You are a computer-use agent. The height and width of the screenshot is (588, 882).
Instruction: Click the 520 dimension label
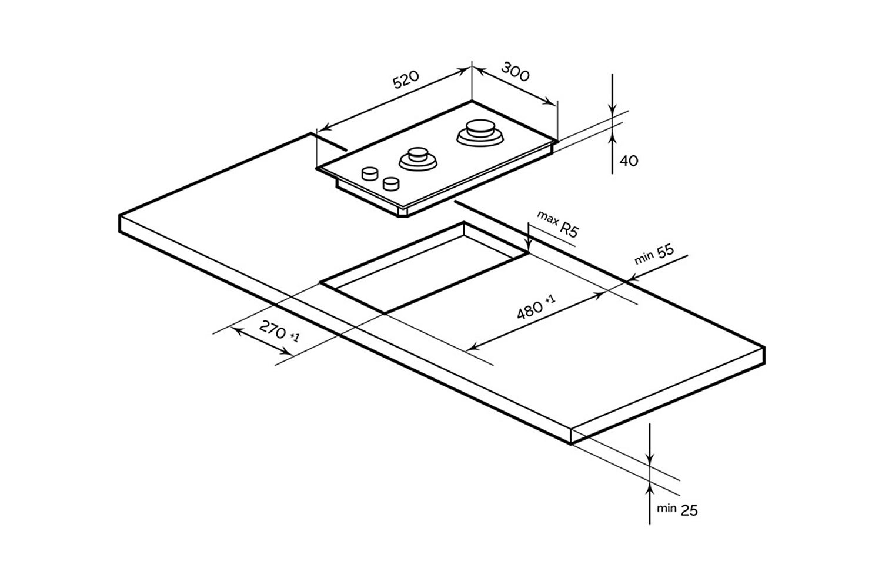(x=406, y=79)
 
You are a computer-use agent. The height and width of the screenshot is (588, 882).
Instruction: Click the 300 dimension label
(x=516, y=72)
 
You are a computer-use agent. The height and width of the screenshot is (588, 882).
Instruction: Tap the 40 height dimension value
(x=629, y=161)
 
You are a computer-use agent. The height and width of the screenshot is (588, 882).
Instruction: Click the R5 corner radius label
(x=569, y=229)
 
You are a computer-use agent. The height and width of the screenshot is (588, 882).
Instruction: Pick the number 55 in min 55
(x=665, y=251)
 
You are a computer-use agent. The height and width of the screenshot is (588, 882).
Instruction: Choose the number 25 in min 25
(x=689, y=510)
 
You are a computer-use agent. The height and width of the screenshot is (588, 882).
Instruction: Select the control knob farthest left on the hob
(x=370, y=173)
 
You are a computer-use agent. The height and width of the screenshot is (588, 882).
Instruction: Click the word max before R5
(x=547, y=219)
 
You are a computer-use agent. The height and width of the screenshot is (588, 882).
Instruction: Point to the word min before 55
(x=644, y=259)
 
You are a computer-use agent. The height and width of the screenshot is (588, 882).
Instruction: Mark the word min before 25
(x=666, y=508)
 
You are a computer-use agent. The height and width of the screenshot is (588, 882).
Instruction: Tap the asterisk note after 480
(x=550, y=300)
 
